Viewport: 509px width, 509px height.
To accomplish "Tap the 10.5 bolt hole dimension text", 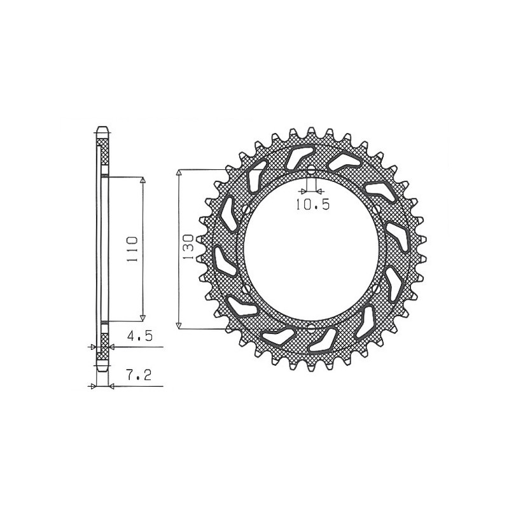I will point(312,204).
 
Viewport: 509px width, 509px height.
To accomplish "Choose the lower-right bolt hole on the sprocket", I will point(379,289).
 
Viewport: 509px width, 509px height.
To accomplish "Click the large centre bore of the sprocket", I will point(312,250).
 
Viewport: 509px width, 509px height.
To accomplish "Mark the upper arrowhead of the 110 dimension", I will point(143,181).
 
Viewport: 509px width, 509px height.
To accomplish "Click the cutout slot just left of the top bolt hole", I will point(296,156).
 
